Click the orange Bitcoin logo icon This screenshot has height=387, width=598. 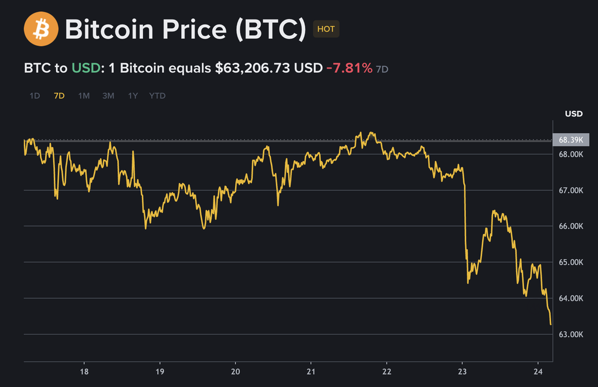point(41,29)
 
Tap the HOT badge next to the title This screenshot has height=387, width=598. point(326,29)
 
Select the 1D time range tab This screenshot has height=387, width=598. point(35,96)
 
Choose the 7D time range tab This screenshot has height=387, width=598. point(59,96)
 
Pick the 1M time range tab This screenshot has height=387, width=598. point(84,96)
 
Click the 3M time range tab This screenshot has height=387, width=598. point(108,96)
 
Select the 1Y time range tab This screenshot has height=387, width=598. point(133,96)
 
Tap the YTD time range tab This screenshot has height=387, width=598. point(157,96)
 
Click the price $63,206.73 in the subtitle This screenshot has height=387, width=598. point(253,68)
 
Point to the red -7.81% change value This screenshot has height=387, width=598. point(349,68)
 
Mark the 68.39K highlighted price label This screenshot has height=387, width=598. point(570,140)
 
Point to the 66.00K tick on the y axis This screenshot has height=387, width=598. point(570,226)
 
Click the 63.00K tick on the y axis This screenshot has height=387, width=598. point(570,334)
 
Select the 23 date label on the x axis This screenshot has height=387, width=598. point(463,372)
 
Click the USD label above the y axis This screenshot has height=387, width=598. point(573,114)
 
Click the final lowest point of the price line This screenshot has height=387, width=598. point(551,324)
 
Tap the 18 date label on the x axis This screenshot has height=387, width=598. point(84,372)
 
